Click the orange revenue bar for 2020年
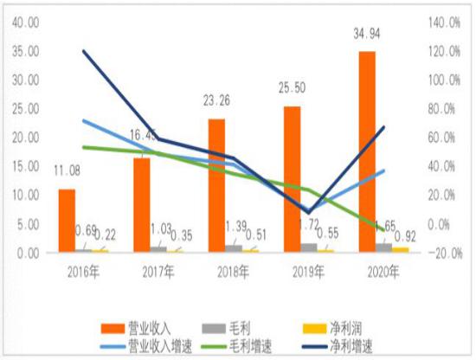pyautogui.click(x=367, y=152)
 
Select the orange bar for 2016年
pyautogui.click(x=67, y=221)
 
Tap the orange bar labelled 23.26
pyautogui.click(x=216, y=185)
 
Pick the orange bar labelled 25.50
pyautogui.click(x=292, y=179)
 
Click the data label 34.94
pyautogui.click(x=367, y=35)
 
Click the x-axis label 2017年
pyautogui.click(x=158, y=272)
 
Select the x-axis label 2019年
pyautogui.click(x=307, y=272)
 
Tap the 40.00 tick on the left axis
pyautogui.click(x=23, y=22)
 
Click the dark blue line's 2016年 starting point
pyautogui.click(x=83, y=51)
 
